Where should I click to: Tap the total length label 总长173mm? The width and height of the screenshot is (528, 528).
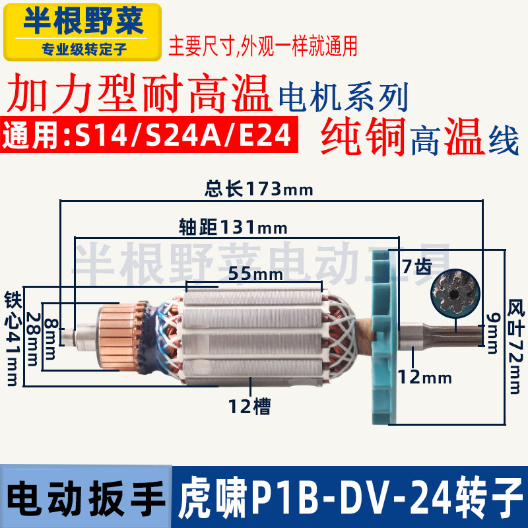coord(258,190)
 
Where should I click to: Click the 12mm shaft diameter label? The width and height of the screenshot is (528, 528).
coord(424,378)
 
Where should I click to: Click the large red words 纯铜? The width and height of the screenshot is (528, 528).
coord(364,137)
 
